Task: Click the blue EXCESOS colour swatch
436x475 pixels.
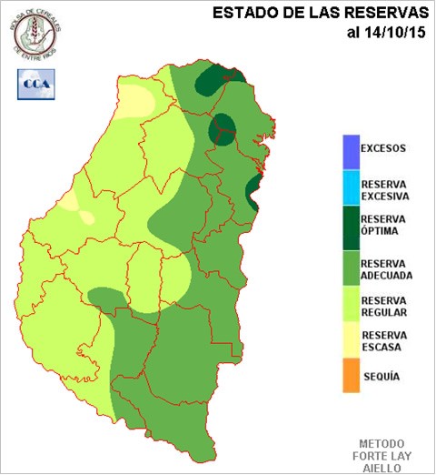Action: [351, 148]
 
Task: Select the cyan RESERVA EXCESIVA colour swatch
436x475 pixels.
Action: [351, 188]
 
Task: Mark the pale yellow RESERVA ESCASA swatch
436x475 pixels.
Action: [351, 339]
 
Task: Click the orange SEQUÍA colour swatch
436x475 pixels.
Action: [351, 376]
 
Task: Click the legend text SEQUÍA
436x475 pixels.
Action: [381, 375]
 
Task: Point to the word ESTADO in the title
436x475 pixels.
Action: [241, 13]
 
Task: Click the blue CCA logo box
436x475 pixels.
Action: [35, 84]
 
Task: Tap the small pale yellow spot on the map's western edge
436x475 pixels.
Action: [86, 217]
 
